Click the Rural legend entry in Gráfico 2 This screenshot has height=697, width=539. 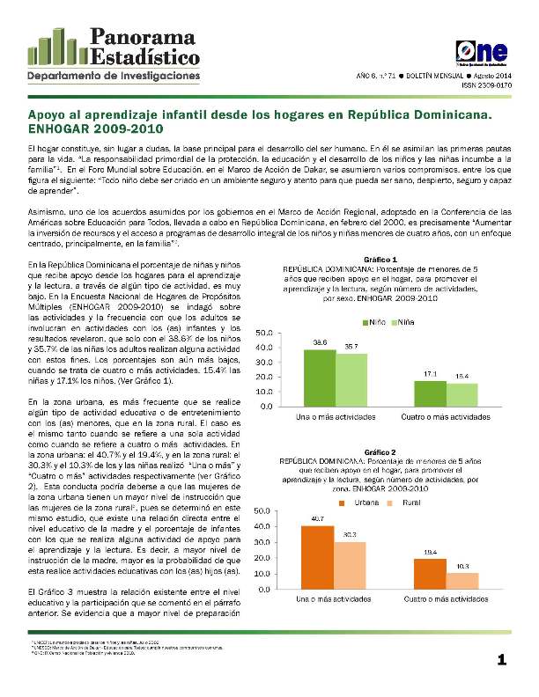coord(403,502)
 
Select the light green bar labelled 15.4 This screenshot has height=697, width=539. coord(463,394)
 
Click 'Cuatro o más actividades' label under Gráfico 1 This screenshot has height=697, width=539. coord(447,415)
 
